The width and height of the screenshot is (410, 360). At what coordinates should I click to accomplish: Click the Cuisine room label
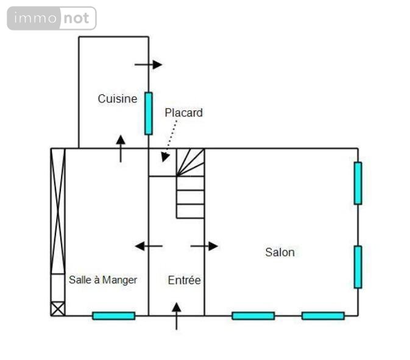pos(118,99)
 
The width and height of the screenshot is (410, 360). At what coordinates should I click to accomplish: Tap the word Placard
pos(183,113)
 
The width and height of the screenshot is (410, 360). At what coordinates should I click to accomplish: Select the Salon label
pos(280,252)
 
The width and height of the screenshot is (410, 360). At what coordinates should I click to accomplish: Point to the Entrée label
pos(185,280)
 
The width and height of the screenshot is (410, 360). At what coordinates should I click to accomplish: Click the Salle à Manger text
pos(103,280)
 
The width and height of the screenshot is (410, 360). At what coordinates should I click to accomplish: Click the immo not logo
pos(52,18)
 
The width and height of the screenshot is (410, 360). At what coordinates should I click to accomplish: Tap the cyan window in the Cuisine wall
pos(149,113)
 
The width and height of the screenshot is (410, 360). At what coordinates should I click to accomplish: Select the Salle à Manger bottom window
pos(114,316)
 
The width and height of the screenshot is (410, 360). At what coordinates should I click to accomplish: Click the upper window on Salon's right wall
pos(358,183)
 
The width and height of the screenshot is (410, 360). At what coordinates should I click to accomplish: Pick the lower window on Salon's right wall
pos(358,267)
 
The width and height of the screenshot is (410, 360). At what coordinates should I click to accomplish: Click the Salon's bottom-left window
pos(253,316)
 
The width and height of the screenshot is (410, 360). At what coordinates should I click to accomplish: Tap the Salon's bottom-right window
pos(323,316)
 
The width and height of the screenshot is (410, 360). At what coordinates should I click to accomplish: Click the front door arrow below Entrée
pos(177,316)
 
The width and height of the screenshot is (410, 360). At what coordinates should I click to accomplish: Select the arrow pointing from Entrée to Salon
pos(204,246)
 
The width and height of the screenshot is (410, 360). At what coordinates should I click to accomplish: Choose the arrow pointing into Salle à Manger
pos(149,246)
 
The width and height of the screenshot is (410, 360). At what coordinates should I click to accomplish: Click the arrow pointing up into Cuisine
pos(121,149)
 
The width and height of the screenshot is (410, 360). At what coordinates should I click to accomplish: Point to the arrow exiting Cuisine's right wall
pos(149,65)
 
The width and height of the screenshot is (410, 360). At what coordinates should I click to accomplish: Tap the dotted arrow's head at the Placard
pos(164,157)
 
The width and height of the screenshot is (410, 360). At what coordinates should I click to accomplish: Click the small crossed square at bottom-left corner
pos(58,309)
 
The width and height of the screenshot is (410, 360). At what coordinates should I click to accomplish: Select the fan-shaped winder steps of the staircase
pos(190,163)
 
